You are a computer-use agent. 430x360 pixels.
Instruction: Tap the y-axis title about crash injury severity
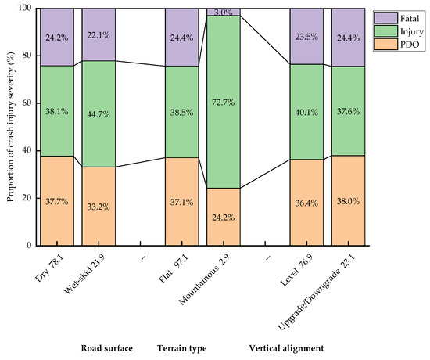[x=10, y=125]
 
